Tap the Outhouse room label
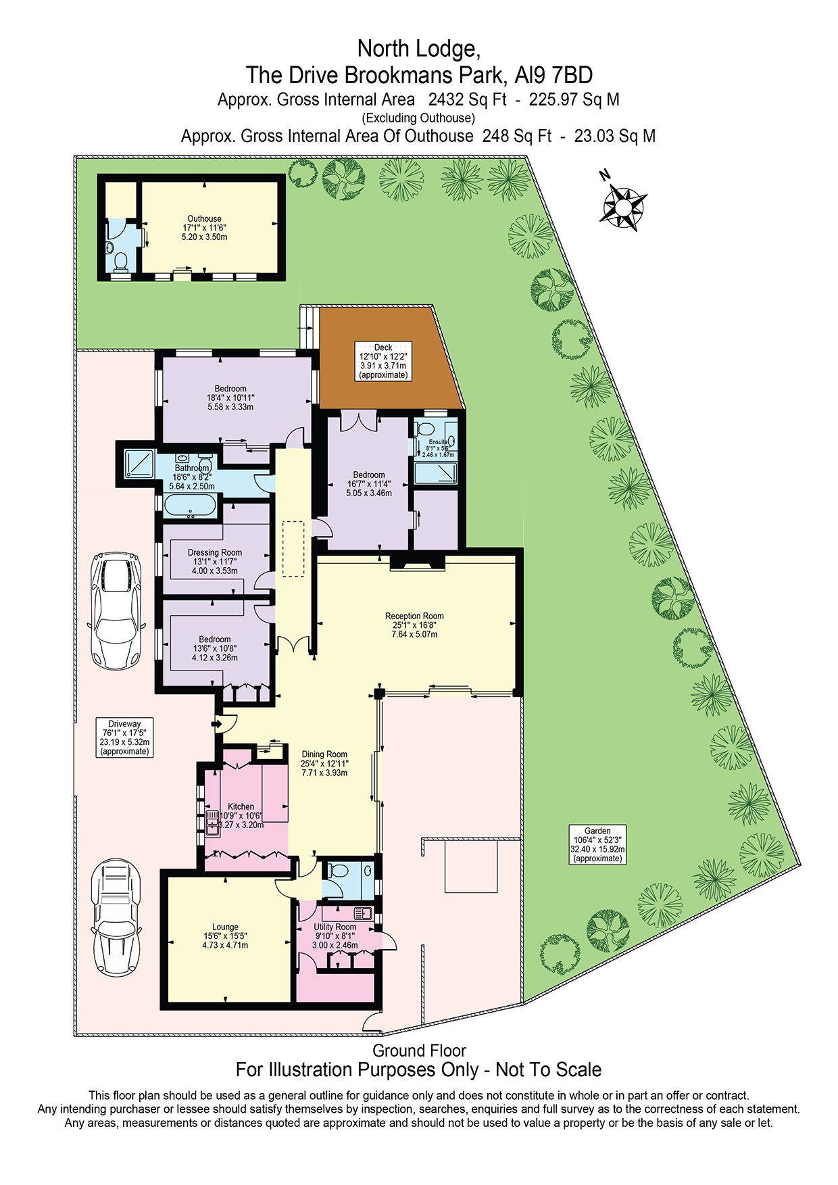tap(204, 228)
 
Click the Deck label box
tap(383, 361)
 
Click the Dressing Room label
tap(215, 561)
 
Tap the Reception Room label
tap(414, 625)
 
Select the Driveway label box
tap(124, 737)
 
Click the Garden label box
tap(597, 844)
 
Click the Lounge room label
tap(225, 936)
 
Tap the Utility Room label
tap(335, 936)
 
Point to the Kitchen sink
tap(214, 823)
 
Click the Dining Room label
tap(324, 763)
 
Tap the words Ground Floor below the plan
tap(419, 1050)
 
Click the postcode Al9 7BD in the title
tap(553, 74)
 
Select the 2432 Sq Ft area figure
tap(467, 99)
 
